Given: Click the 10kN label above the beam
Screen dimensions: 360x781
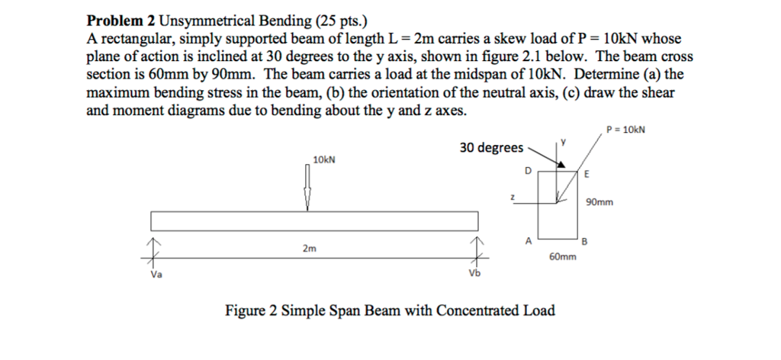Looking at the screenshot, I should (x=324, y=159).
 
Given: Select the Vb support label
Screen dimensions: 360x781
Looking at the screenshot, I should (x=475, y=275).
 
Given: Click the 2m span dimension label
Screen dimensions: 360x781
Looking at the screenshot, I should (x=308, y=248).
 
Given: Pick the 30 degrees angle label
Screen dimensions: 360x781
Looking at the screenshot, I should (x=491, y=147).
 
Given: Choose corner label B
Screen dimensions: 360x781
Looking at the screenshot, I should (x=585, y=243).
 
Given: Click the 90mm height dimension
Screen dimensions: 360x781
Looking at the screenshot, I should (x=598, y=202).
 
